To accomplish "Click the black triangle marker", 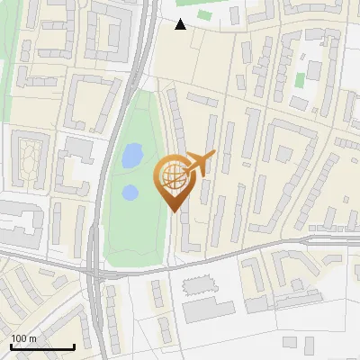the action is (181, 24).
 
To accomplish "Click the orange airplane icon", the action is (201, 163).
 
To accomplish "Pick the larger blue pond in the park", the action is (132, 156).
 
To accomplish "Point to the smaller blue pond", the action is (130, 192).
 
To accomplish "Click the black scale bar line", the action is (41, 346).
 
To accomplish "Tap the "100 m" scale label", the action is (24, 338).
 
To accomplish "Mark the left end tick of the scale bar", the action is (11, 345).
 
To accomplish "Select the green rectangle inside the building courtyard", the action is (300, 80).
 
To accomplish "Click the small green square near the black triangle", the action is (205, 15).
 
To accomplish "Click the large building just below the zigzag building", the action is (212, 311).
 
